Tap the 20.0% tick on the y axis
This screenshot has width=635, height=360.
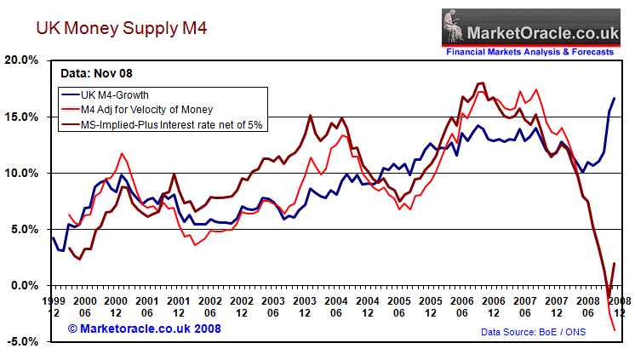[22, 60]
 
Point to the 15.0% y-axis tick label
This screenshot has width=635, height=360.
[22, 117]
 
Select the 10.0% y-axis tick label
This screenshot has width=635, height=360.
[22, 173]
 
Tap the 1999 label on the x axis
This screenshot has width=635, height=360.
[54, 301]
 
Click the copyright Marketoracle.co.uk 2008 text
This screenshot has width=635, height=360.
[146, 328]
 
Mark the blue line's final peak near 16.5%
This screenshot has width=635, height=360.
[614, 99]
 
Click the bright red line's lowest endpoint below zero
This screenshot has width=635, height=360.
[614, 329]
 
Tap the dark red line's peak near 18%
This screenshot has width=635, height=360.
[482, 83]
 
